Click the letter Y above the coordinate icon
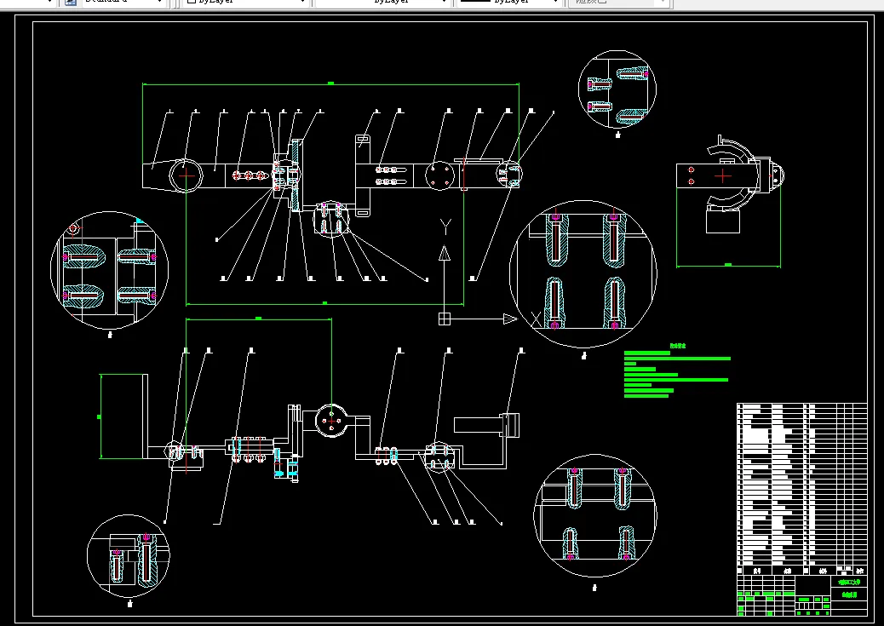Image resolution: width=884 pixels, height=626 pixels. coord(444,224)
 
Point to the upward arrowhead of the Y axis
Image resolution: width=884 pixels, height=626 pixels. coord(444,253)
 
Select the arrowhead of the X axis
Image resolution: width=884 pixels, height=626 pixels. coord(510,319)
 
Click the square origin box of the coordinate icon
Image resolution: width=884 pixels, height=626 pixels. coord(444,319)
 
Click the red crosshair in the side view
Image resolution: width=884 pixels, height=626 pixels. coord(722,176)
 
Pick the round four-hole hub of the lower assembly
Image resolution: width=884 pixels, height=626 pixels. coord(331,420)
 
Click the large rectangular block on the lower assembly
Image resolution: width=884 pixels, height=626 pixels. coord(124,416)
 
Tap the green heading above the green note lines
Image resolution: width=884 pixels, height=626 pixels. coord(677,346)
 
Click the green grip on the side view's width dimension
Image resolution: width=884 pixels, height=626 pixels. coord(728,265)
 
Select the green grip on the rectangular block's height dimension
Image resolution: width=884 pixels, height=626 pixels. coord(100,416)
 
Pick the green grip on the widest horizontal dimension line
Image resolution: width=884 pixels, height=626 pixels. coord(330,83)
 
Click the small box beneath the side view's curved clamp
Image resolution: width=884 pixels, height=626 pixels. coord(725,221)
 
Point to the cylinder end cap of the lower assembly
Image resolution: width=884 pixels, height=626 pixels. coord(511,424)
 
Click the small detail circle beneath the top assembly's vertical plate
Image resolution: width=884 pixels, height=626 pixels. coord(332,218)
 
